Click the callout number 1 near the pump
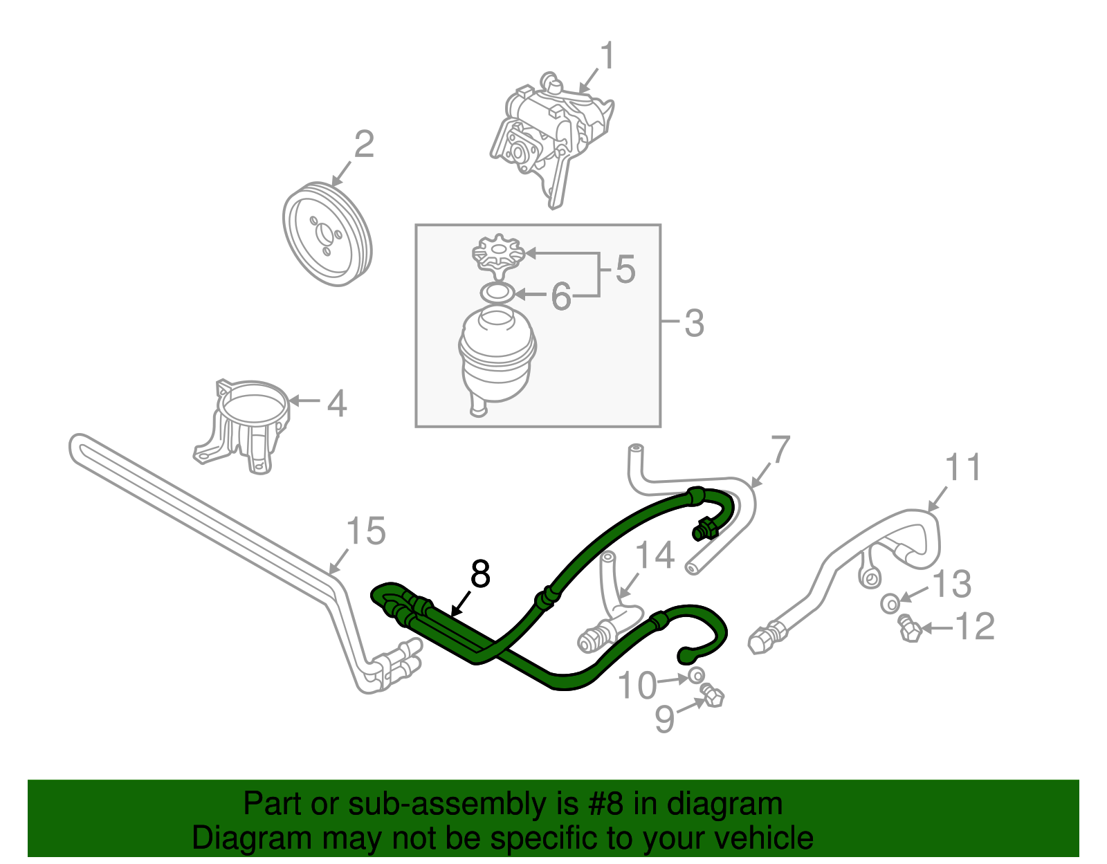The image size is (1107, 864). click(x=607, y=56)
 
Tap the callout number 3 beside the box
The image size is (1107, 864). click(x=693, y=323)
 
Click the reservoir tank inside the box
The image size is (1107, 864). click(x=496, y=358)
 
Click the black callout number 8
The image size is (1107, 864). click(x=480, y=574)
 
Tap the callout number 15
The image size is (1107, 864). click(x=365, y=531)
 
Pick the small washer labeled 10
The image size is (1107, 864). click(x=696, y=674)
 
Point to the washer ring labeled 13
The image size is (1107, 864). click(x=890, y=603)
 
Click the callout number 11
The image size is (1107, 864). click(x=963, y=468)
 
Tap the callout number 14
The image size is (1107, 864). click(x=655, y=555)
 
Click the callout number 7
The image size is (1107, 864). click(x=780, y=450)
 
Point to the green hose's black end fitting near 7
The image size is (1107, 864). click(x=704, y=531)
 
